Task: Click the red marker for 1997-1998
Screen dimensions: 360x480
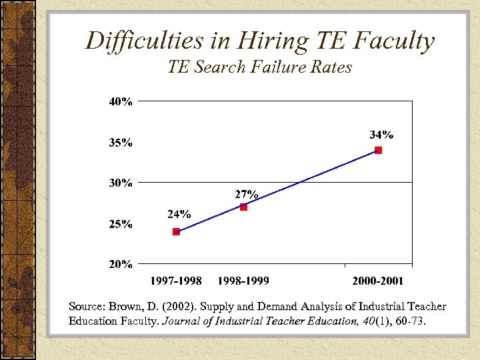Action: point(176,232)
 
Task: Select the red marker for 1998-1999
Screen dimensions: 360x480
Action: point(243,207)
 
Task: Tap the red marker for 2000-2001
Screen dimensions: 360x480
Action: point(378,150)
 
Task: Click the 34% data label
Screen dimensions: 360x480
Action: point(381,135)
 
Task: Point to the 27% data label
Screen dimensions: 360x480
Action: point(246,195)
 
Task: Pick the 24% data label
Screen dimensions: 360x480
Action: point(179,215)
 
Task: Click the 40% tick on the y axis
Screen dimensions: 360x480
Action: point(121,102)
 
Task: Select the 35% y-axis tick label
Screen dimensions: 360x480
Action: point(121,143)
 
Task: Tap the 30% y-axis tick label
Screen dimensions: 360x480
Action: point(121,183)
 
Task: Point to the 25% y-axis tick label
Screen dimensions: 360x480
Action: point(121,224)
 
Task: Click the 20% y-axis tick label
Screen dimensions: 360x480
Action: point(121,264)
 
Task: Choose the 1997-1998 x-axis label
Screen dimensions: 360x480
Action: point(176,281)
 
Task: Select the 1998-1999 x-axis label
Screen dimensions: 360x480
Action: point(243,281)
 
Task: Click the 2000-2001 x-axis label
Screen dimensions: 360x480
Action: point(378,281)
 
